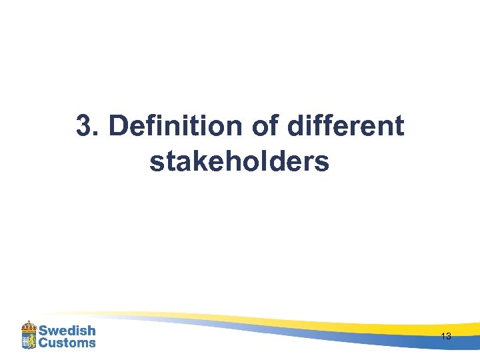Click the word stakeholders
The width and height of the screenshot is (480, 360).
pos(239,161)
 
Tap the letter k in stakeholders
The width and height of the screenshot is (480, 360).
pos(193,161)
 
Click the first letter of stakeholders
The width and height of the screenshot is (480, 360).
pos(157,162)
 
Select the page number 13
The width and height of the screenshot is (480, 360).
pos(446,337)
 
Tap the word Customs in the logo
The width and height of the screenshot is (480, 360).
pos(67,343)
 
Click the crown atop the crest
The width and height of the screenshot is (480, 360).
pos(29,325)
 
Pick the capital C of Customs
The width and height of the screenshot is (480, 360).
pos(43,343)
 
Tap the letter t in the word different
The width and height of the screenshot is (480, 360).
pos(399,126)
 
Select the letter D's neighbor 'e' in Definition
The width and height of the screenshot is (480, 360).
pos(136,128)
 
